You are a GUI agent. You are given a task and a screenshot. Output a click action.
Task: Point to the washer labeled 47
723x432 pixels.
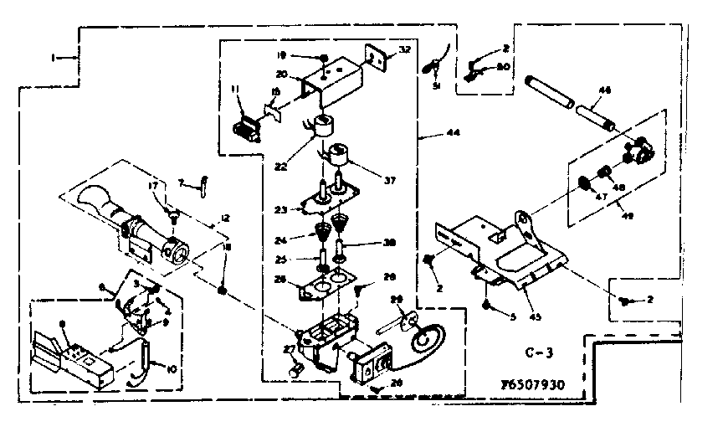[582, 182]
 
